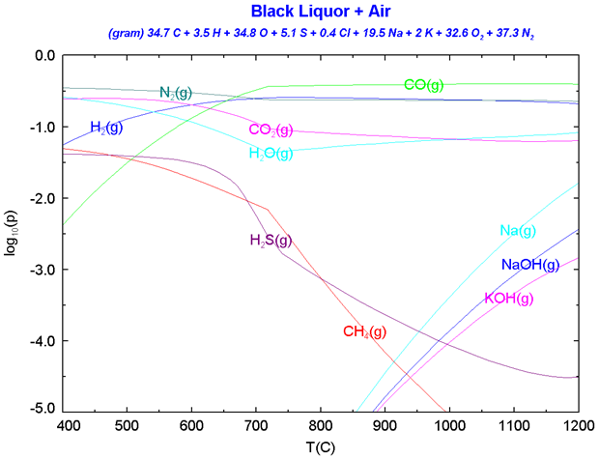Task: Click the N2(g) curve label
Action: point(176,93)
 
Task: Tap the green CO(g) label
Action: point(424,85)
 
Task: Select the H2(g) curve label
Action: point(106,128)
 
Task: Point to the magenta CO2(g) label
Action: point(272,130)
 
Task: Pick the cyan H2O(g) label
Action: point(273,153)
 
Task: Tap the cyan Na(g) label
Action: point(518,231)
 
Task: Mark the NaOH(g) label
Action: point(530,265)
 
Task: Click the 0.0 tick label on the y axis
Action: point(44,56)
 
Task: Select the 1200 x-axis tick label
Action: point(577,425)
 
